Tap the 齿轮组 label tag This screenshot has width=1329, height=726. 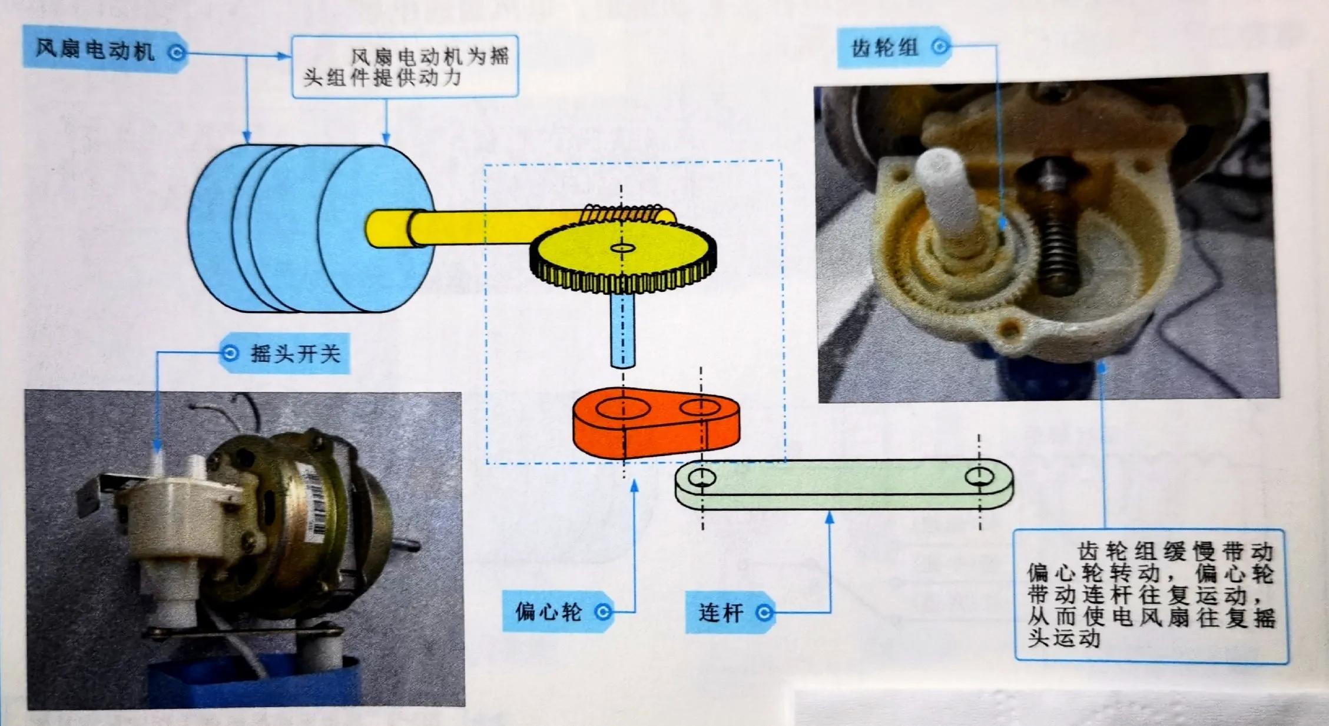pos(892,47)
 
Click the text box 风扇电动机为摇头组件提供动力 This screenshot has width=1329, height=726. pos(405,66)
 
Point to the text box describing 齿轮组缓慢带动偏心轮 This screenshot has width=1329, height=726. pos(1150,595)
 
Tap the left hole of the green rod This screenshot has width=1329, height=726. pos(702,477)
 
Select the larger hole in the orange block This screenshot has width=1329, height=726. pos(622,407)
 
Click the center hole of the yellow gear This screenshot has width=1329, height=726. pos(622,248)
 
